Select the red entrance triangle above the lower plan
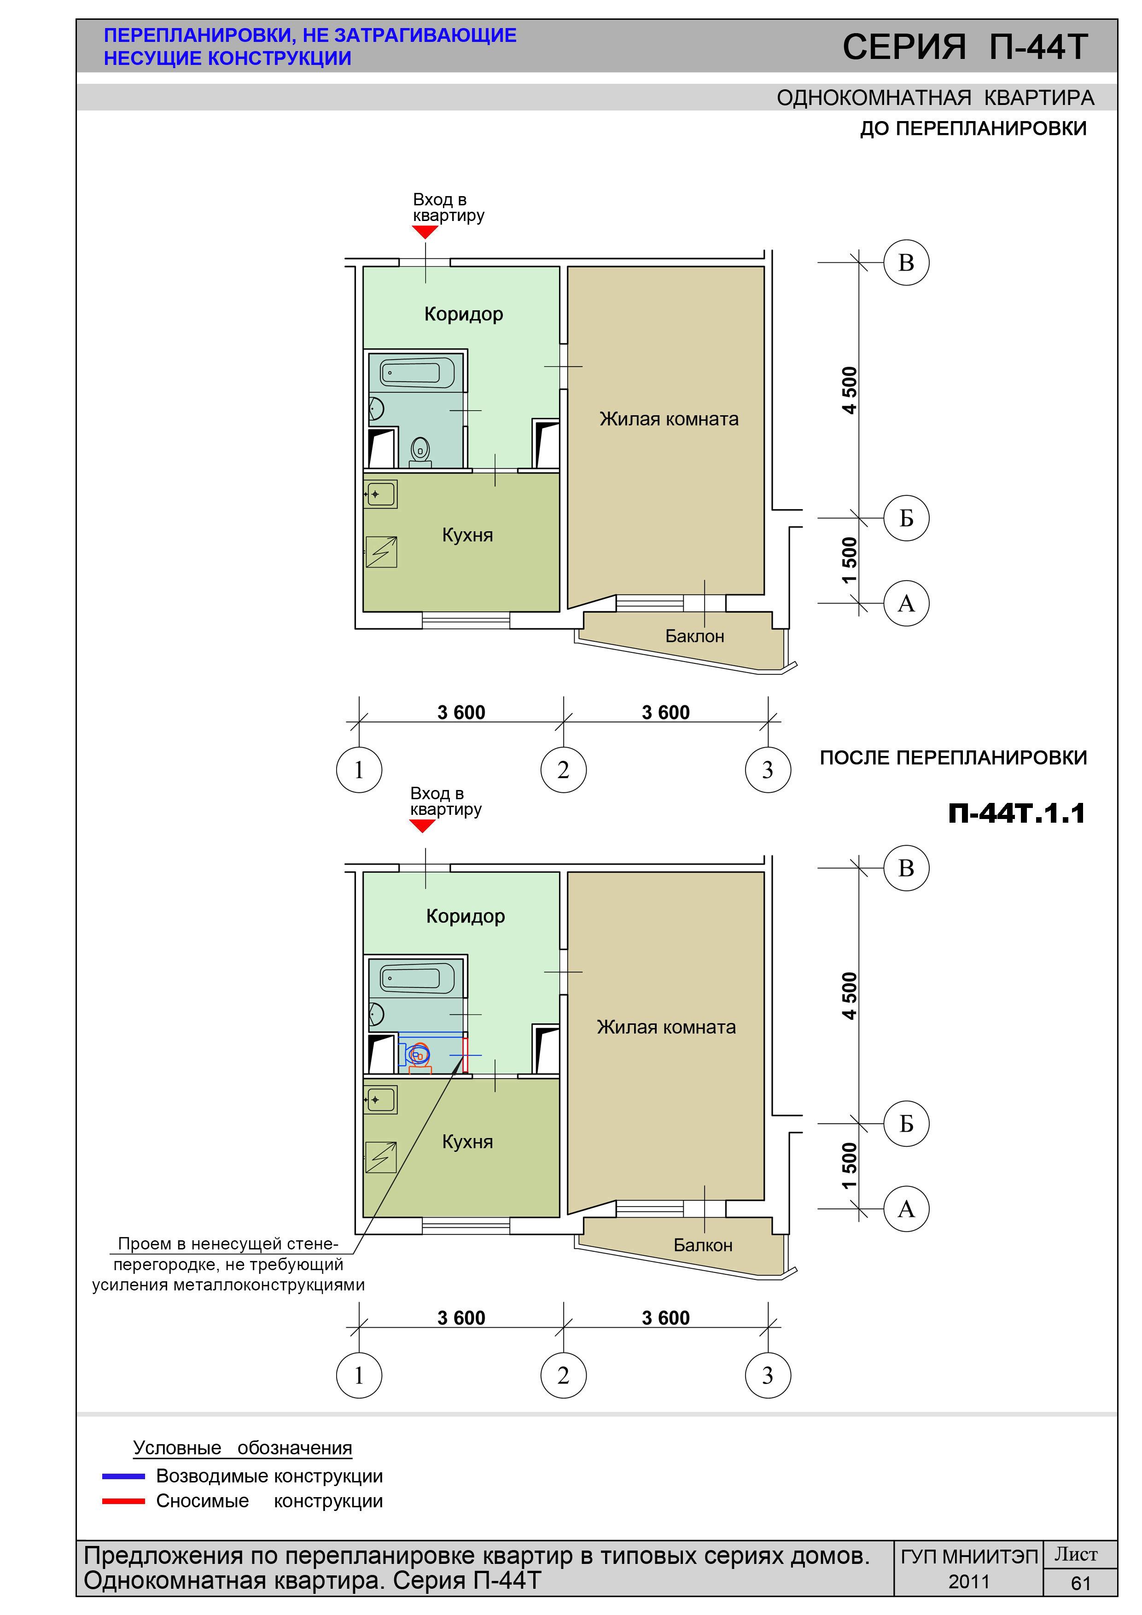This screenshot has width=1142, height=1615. click(x=422, y=826)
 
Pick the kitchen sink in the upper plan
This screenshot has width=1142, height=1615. click(x=381, y=494)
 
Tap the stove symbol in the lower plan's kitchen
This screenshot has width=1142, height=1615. click(x=381, y=1157)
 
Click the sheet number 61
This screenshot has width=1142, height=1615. click(x=1081, y=1583)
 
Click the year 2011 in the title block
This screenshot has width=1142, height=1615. click(x=969, y=1582)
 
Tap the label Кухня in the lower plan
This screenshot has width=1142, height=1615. click(x=467, y=1142)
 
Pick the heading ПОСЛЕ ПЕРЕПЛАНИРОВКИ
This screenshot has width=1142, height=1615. click(x=953, y=758)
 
